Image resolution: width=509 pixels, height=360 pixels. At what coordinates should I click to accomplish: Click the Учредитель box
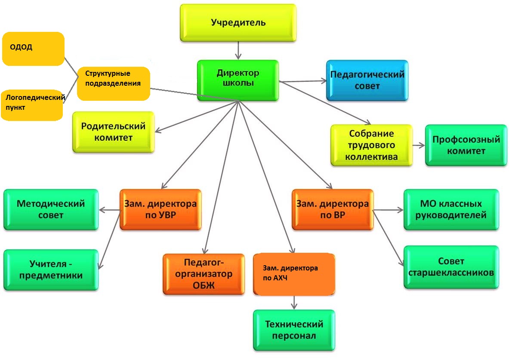pyautogui.click(x=238, y=23)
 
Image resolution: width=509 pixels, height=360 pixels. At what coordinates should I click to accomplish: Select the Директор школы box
pyautogui.click(x=238, y=80)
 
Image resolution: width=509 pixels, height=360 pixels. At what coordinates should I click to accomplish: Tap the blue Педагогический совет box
pyautogui.click(x=367, y=80)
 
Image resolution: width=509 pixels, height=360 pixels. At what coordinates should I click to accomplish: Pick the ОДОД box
pyautogui.click(x=33, y=48)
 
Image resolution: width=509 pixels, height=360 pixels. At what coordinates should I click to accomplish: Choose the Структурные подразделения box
pyautogui.click(x=113, y=83)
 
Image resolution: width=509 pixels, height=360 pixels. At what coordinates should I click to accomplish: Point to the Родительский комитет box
pyautogui.click(x=113, y=132)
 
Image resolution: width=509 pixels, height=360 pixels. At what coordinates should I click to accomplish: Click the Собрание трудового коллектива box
pyautogui.click(x=371, y=145)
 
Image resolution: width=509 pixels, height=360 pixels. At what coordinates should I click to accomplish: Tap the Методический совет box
pyautogui.click(x=51, y=209)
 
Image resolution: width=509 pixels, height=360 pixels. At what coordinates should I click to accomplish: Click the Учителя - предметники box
pyautogui.click(x=51, y=269)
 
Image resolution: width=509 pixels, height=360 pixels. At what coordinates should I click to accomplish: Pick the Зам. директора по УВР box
pyautogui.click(x=160, y=209)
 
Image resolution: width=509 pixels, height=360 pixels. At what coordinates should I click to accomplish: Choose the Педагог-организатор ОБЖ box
pyautogui.click(x=204, y=274)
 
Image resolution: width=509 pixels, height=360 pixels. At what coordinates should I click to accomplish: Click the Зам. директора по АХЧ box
pyautogui.click(x=294, y=274)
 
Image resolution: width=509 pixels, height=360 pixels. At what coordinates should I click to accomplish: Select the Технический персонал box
pyautogui.click(x=294, y=329)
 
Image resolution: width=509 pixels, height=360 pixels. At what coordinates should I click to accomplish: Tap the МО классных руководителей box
pyautogui.click(x=451, y=209)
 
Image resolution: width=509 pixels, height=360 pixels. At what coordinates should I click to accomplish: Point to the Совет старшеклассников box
pyautogui.click(x=451, y=267)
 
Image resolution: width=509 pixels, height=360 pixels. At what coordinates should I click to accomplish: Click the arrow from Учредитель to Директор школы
pyautogui.click(x=238, y=51)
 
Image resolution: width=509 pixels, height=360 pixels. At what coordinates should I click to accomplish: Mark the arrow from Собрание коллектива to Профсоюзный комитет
pyautogui.click(x=419, y=145)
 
